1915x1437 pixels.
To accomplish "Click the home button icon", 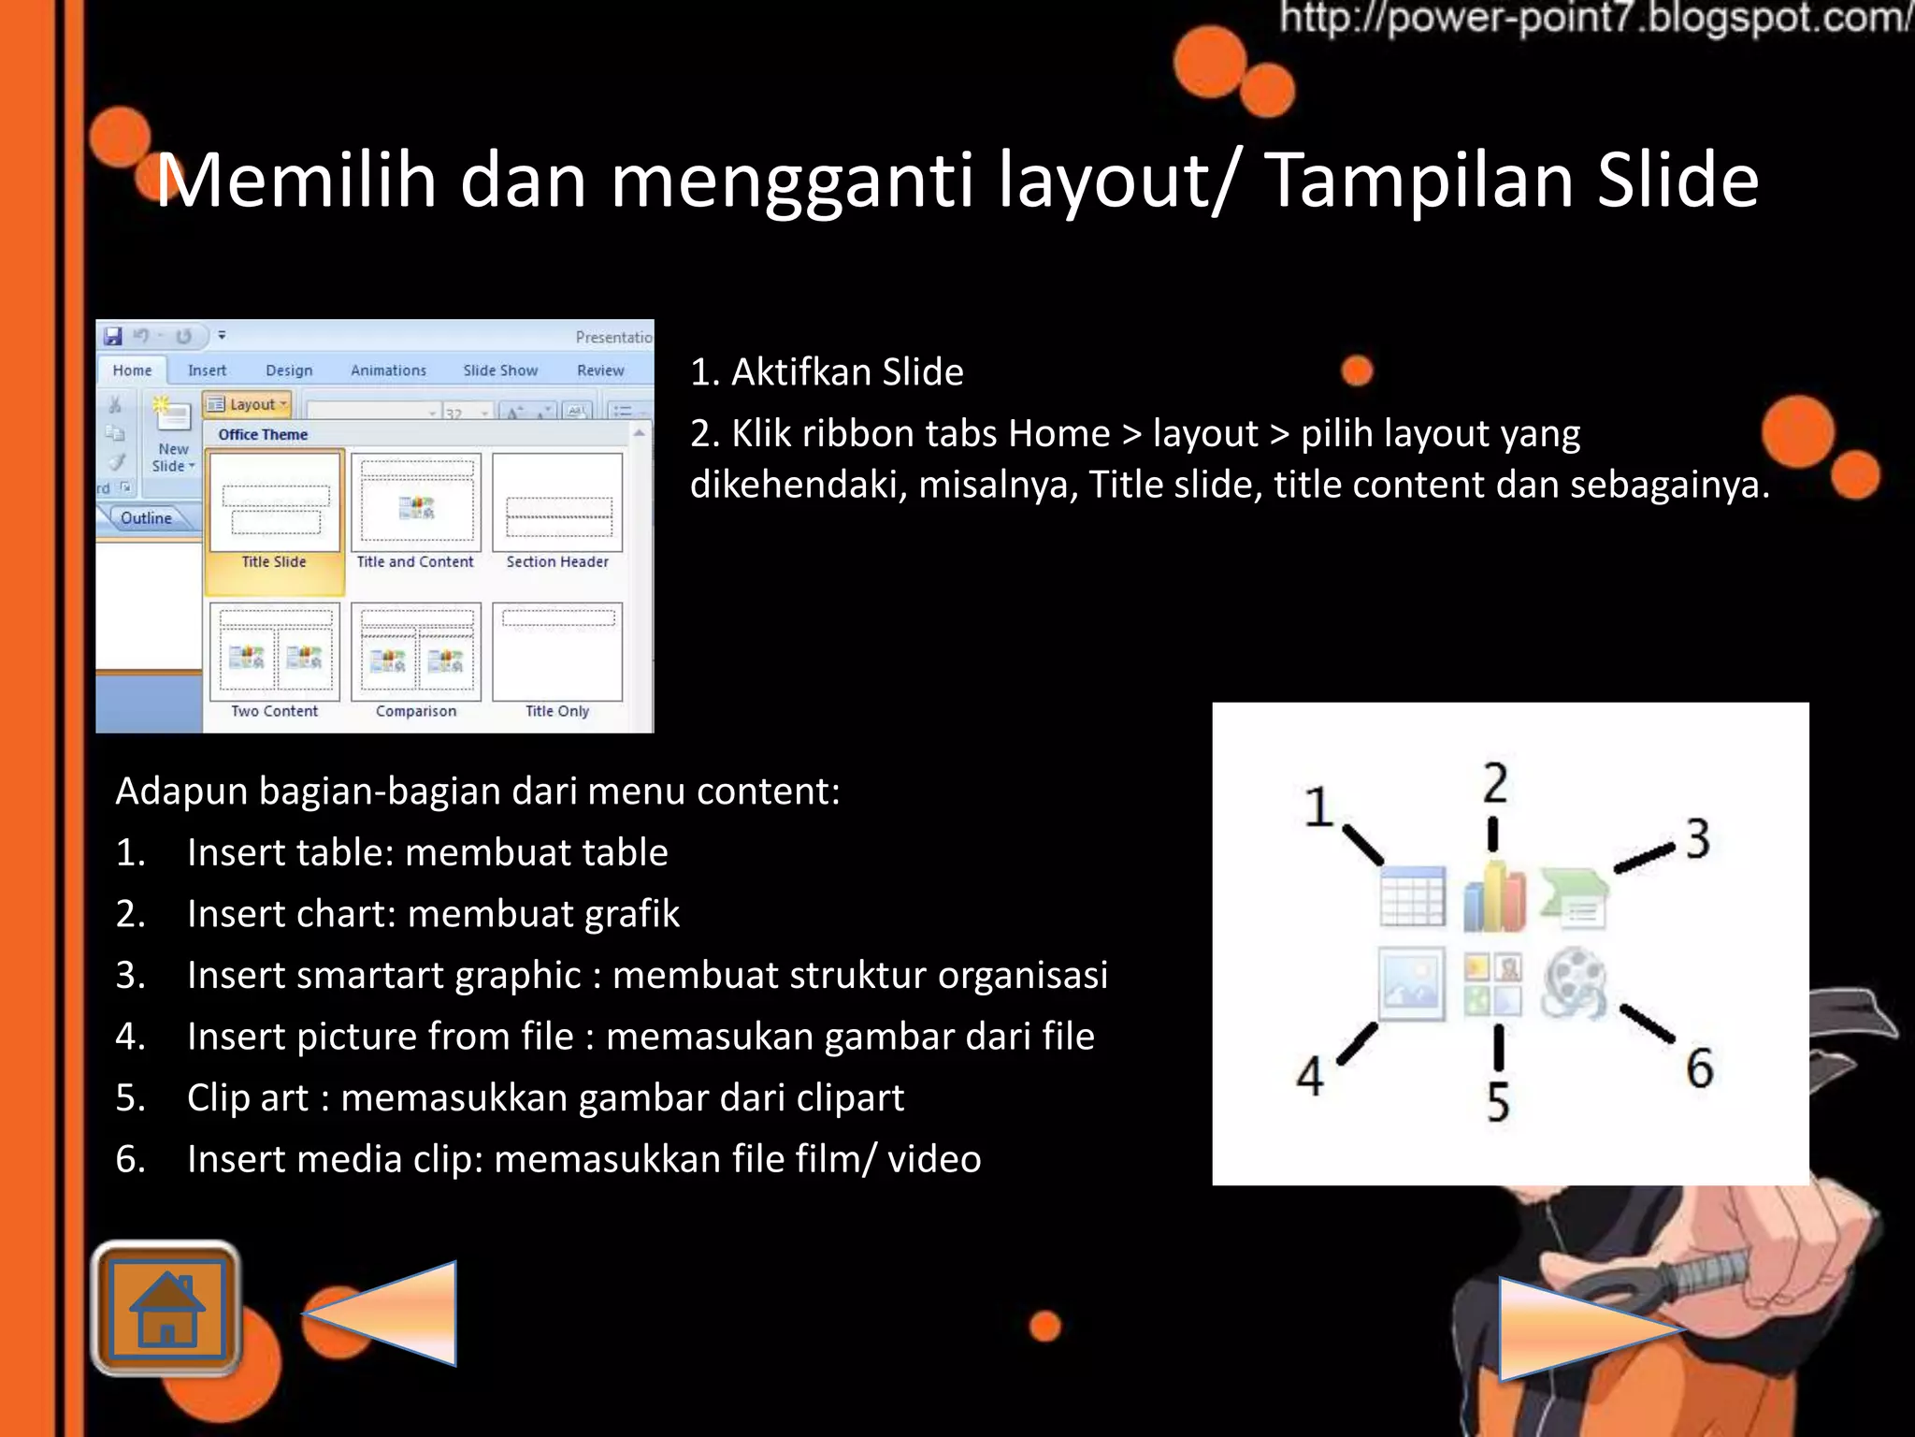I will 166,1310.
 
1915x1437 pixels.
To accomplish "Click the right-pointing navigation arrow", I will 1580,1328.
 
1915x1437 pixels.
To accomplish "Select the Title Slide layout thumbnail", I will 275,503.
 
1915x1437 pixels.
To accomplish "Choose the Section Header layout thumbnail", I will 557,503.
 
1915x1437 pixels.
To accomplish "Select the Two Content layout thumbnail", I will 275,652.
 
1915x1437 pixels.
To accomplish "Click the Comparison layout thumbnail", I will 416,652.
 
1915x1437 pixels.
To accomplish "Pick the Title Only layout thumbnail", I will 557,652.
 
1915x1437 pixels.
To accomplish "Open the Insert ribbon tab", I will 207,370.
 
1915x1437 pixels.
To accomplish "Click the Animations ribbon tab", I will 388,370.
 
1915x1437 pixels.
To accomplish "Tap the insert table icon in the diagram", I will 1412,896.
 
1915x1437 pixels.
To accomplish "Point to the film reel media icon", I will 1576,982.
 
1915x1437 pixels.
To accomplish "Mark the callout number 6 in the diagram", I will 1699,1068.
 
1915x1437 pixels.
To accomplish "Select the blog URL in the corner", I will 1594,19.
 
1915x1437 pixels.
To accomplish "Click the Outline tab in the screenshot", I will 147,518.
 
